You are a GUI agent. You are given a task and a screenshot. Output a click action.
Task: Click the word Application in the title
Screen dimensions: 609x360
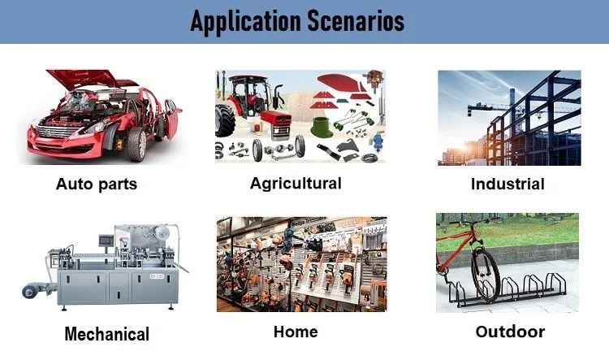[x=245, y=21]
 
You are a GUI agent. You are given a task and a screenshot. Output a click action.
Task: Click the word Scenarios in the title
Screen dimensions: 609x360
[x=356, y=20]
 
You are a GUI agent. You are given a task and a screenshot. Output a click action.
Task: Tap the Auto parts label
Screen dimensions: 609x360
[x=97, y=184]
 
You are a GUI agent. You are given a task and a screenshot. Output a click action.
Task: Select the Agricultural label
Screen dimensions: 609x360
[x=296, y=184]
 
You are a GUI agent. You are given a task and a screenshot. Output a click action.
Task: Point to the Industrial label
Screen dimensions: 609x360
[x=508, y=184]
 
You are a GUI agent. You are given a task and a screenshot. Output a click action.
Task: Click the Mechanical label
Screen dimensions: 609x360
[x=107, y=334]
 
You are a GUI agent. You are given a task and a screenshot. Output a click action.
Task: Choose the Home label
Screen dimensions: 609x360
[x=296, y=332]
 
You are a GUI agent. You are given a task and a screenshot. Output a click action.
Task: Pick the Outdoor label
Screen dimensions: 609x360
[x=510, y=332]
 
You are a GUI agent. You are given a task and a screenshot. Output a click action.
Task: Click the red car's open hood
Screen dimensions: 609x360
[x=84, y=78]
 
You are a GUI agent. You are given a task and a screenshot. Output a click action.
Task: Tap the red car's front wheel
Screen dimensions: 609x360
[x=136, y=144]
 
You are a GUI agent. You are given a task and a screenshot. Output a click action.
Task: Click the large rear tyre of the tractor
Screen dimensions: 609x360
[x=225, y=120]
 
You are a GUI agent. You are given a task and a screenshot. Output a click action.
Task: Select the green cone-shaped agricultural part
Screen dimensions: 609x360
[x=322, y=128]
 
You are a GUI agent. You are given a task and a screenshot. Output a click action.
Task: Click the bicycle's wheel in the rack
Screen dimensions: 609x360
[x=486, y=274]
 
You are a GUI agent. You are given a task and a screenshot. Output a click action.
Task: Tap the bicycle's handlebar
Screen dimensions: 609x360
[x=462, y=223]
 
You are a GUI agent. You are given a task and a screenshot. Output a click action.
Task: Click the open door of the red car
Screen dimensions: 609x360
[x=171, y=119]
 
